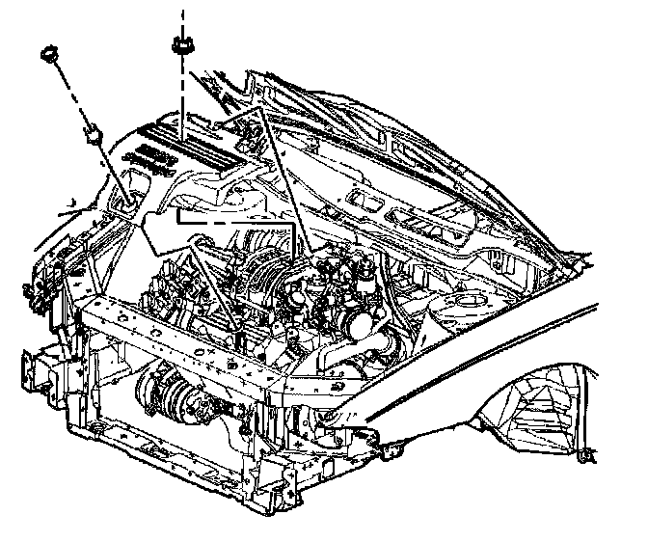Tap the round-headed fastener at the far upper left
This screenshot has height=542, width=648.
point(47,54)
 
